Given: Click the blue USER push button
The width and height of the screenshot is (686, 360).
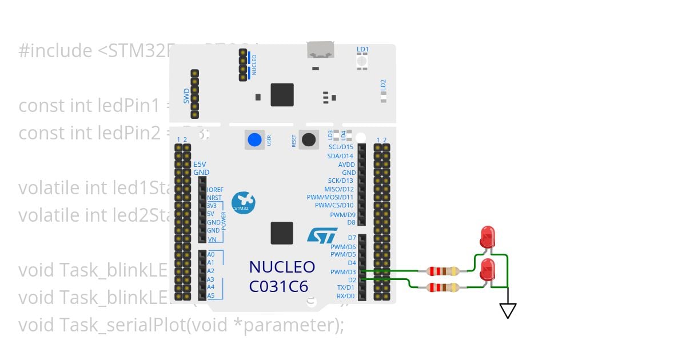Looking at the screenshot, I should (254, 139).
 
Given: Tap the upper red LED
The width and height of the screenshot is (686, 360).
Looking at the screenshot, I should (488, 236).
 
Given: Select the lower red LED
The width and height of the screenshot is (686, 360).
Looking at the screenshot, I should (488, 269).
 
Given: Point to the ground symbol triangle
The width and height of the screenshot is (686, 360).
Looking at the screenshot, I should (508, 310).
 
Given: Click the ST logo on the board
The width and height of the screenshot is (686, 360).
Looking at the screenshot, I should (318, 235).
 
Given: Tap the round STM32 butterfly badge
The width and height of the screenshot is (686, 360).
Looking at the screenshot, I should (244, 203).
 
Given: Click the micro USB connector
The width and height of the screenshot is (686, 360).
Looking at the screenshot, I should (321, 50).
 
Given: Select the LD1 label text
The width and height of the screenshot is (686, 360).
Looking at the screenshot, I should (362, 50).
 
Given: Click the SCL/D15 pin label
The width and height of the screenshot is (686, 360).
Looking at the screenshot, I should (341, 147).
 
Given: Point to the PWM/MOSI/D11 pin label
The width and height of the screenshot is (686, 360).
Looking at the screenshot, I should (333, 197).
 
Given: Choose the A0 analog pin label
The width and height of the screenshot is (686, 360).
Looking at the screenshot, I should (211, 254).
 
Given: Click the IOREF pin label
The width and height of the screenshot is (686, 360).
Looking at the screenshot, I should (215, 189).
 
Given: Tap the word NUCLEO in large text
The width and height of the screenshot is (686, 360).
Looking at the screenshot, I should (282, 267).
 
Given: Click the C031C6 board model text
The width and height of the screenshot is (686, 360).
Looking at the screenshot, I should (282, 286).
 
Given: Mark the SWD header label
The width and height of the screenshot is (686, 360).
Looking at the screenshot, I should (186, 96).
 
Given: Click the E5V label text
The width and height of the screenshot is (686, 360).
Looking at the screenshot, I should (200, 163).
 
